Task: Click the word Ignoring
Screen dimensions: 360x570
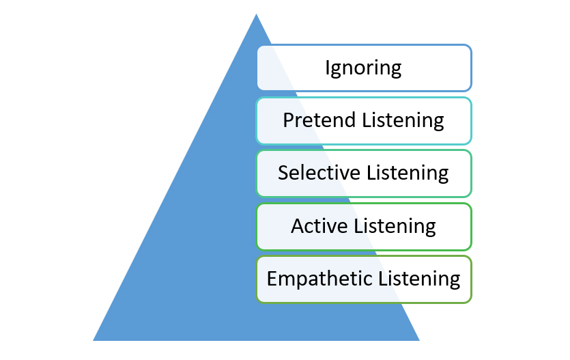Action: click(363, 68)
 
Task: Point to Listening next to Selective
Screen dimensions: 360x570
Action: click(408, 174)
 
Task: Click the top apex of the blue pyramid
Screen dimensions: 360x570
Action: click(256, 14)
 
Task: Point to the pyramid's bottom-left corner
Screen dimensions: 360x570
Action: click(94, 340)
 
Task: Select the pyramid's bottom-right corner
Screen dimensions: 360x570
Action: click(418, 340)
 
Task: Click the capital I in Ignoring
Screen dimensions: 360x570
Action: click(328, 68)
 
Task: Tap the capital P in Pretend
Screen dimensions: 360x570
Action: click(288, 120)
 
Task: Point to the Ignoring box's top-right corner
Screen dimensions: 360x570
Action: click(471, 46)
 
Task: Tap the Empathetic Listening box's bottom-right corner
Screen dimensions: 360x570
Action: click(471, 302)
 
